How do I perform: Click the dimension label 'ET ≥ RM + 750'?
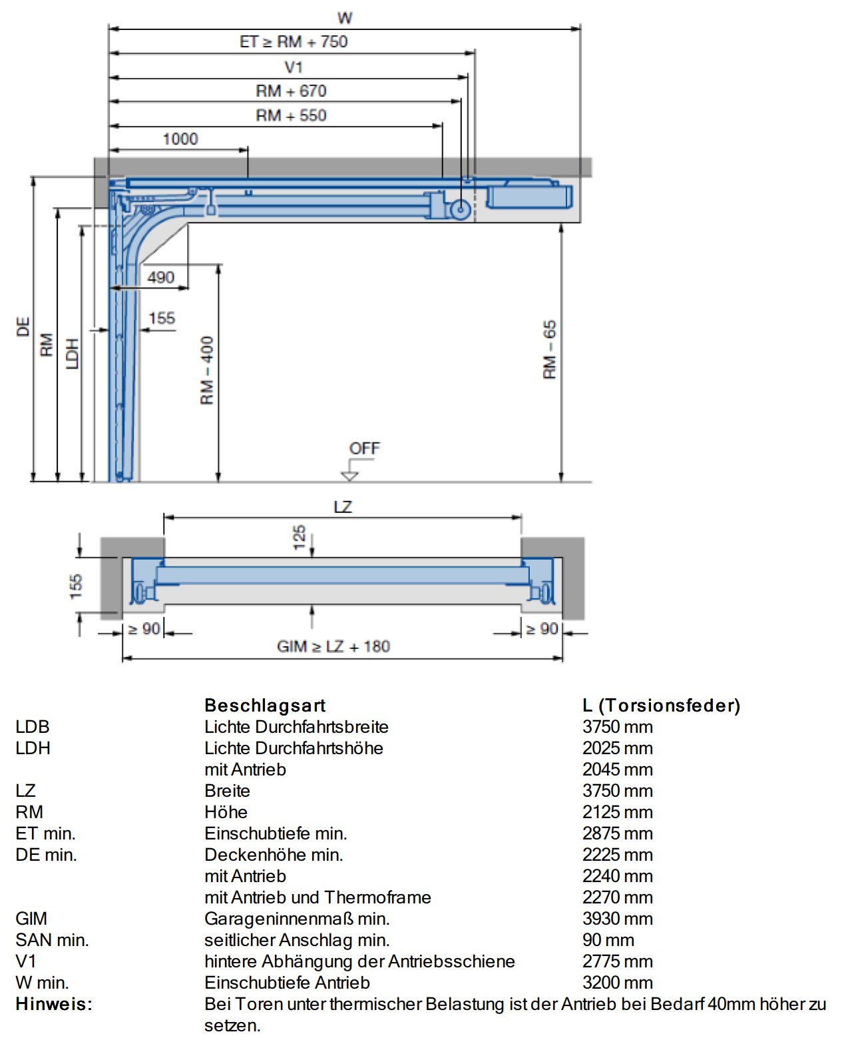click(x=294, y=42)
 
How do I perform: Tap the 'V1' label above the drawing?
click(x=294, y=67)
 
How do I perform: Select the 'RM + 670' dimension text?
click(x=291, y=91)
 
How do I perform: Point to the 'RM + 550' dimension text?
click(x=291, y=115)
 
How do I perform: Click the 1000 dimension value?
click(x=180, y=139)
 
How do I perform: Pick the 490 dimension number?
click(x=161, y=277)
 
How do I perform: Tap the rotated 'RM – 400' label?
click(x=207, y=370)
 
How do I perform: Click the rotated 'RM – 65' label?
click(x=550, y=350)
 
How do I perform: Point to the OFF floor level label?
click(x=365, y=448)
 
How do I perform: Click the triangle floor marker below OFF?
click(x=349, y=476)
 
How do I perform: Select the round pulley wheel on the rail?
click(x=461, y=210)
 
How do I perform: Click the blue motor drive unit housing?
click(x=529, y=196)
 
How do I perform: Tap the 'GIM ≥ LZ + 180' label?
click(x=333, y=646)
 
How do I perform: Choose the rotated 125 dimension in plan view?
click(x=299, y=537)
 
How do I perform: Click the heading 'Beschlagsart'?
click(x=265, y=705)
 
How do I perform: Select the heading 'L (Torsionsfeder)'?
click(x=662, y=705)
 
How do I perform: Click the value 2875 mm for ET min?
click(x=618, y=833)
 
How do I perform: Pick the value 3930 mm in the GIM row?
click(x=618, y=919)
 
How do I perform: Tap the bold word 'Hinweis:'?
click(x=54, y=1004)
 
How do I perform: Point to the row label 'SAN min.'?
click(x=52, y=940)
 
